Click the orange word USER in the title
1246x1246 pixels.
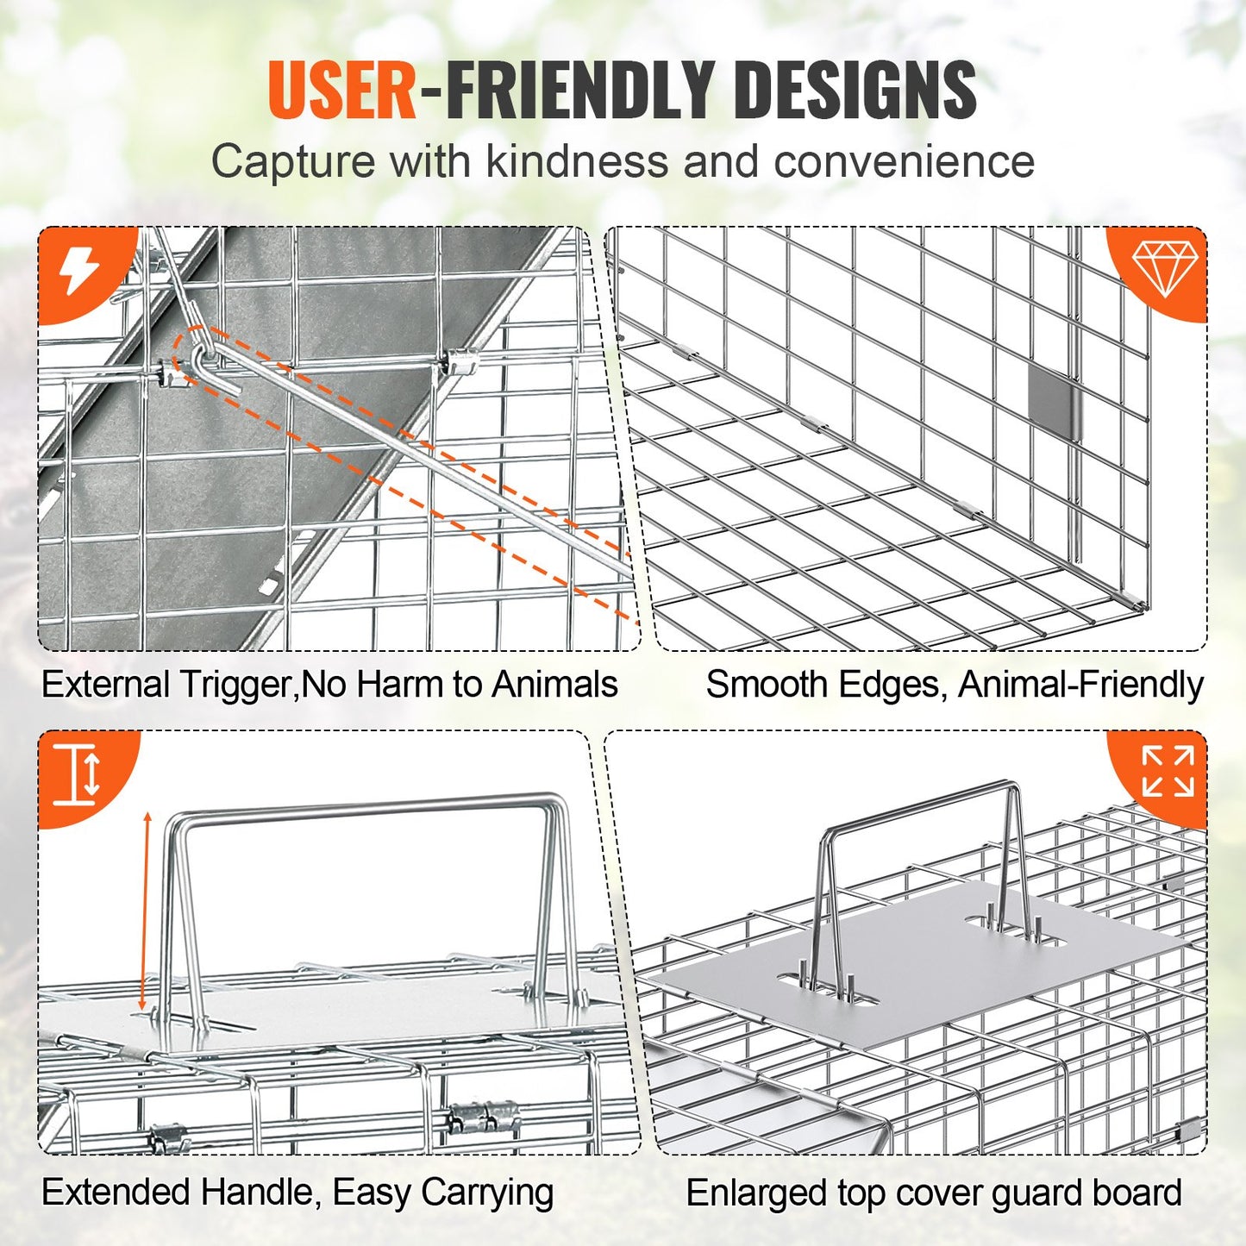(x=342, y=91)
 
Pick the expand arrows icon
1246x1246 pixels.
(x=1168, y=771)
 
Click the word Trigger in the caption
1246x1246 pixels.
(x=235, y=685)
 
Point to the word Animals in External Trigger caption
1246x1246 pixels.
(x=554, y=685)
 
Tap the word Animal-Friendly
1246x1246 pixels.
(x=1080, y=685)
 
